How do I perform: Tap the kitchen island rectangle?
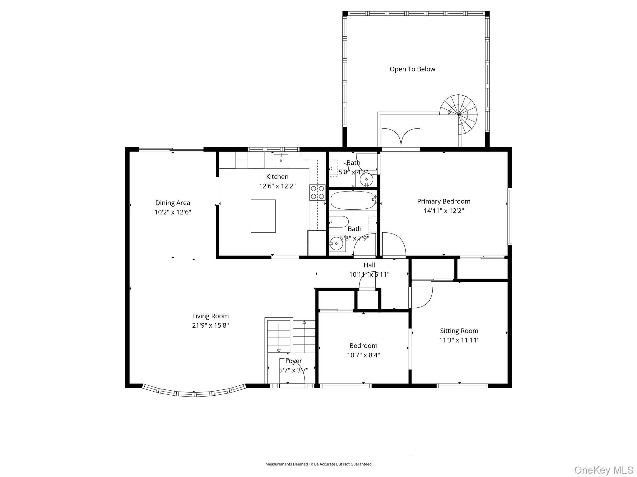[x=263, y=216]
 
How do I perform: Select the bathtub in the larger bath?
[x=353, y=200]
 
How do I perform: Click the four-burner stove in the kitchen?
[x=317, y=192]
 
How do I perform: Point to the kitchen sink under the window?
[x=281, y=160]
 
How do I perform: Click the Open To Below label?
[x=412, y=69]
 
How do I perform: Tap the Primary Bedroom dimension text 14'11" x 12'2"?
[x=444, y=211]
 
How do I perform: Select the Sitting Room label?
[x=459, y=331]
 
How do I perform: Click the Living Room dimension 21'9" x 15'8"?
[x=210, y=325]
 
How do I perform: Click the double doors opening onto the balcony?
[x=401, y=138]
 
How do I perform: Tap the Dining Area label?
[x=173, y=203]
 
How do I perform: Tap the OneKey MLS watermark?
[x=603, y=470]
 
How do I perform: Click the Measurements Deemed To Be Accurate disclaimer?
[x=318, y=464]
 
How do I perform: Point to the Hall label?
[x=369, y=265]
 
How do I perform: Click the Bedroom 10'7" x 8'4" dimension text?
[x=363, y=355]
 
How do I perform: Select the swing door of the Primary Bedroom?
[x=394, y=245]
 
